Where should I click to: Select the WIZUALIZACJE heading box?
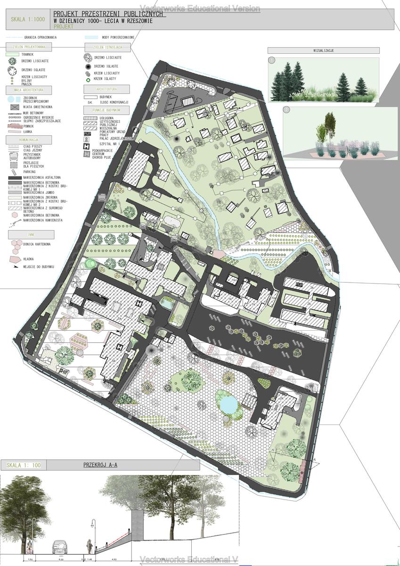(323, 50)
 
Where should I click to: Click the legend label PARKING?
(29, 172)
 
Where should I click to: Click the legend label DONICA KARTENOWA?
(36, 244)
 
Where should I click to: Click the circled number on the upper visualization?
(272, 61)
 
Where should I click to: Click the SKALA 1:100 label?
(24, 466)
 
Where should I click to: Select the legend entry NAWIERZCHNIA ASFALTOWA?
(41, 177)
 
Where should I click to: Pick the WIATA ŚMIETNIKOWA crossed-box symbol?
(13, 107)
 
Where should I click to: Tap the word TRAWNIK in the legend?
(28, 55)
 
